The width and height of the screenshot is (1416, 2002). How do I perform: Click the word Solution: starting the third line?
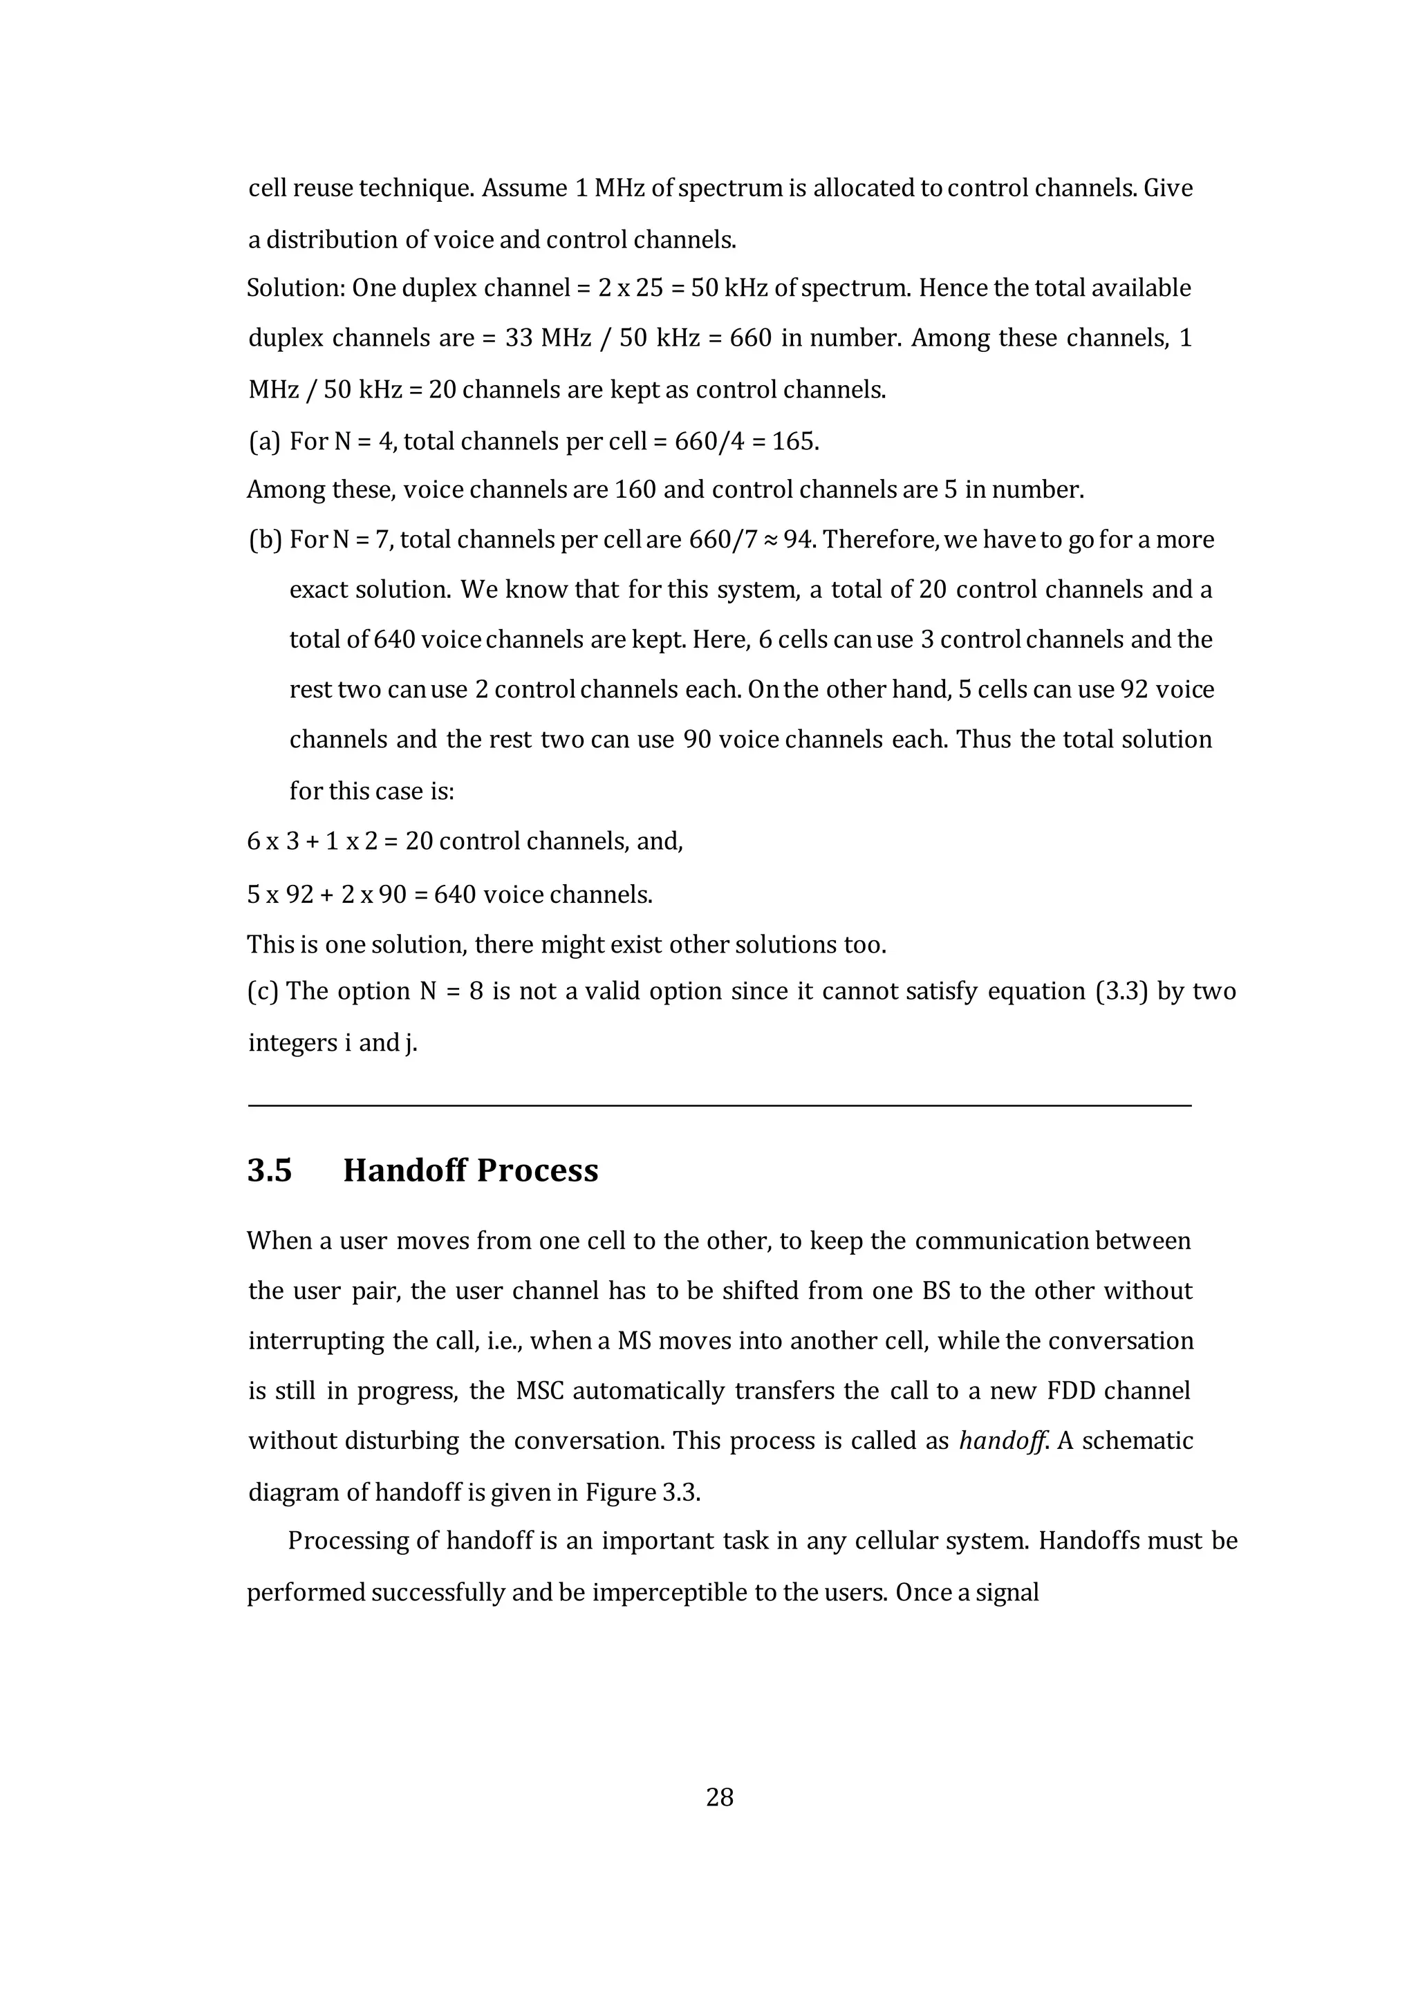(295, 288)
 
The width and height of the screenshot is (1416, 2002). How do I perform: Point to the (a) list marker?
(264, 441)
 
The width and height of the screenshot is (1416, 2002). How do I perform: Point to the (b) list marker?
(265, 540)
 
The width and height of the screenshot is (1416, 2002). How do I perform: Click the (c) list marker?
(263, 991)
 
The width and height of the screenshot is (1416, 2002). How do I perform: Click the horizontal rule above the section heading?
(719, 1105)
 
